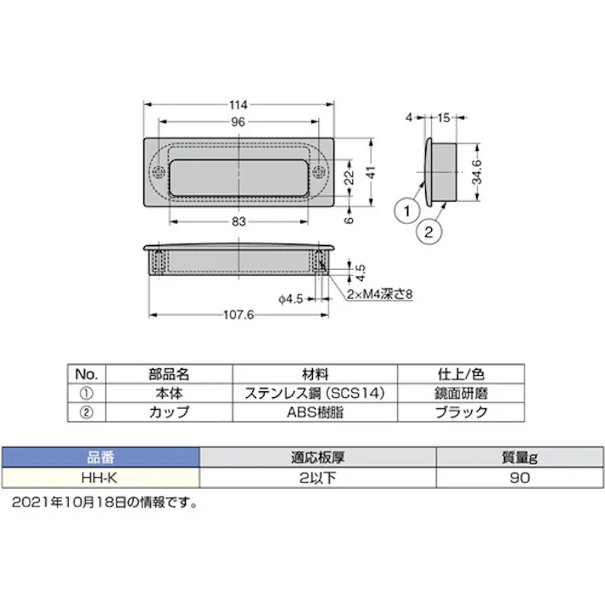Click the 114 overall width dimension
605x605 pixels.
pos(238,105)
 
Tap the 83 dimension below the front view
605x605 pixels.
pos(238,221)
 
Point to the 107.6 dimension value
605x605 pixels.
pos(237,315)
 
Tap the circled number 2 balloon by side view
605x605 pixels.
pos(429,230)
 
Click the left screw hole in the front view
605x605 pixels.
pos(160,172)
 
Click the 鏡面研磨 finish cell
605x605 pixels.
pos(462,394)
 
